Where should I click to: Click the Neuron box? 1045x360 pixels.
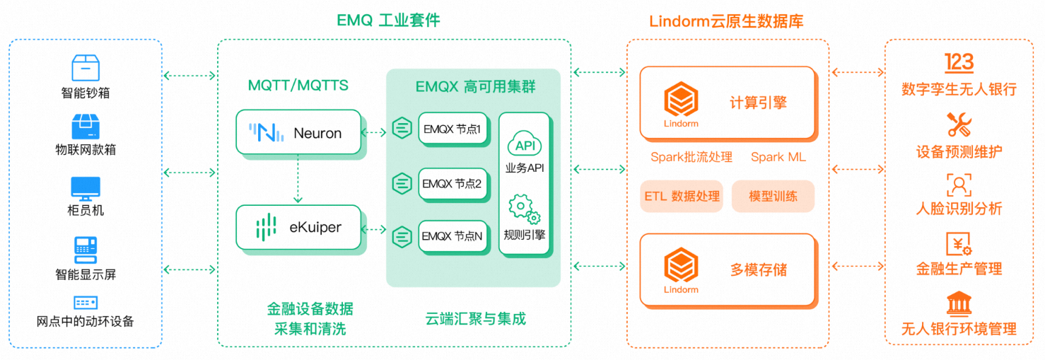click(x=298, y=132)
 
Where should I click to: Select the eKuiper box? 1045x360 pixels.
click(x=298, y=227)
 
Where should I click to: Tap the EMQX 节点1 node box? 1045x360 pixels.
click(x=453, y=129)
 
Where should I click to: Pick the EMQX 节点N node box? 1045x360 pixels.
click(x=453, y=236)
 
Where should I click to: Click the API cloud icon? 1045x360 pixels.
click(x=525, y=145)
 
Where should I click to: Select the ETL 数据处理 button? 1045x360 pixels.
click(x=682, y=196)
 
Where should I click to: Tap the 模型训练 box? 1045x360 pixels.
click(x=773, y=196)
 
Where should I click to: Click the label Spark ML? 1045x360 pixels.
click(x=778, y=157)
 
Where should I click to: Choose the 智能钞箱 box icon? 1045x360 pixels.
click(x=86, y=68)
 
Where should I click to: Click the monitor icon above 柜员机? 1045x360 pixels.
click(x=86, y=188)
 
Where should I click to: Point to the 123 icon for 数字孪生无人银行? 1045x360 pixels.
click(x=959, y=62)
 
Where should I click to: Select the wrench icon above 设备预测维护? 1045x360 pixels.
click(x=959, y=124)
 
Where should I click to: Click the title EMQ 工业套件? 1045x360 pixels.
click(x=388, y=20)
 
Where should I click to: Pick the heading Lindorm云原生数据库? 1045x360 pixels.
click(x=726, y=21)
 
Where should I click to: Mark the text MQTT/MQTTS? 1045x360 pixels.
click(x=298, y=86)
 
